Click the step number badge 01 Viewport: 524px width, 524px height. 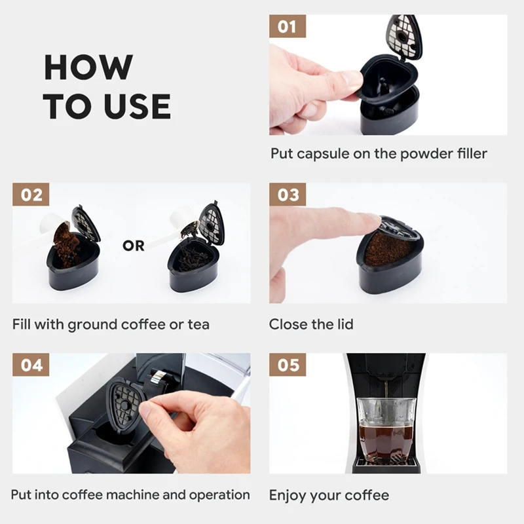pyautogui.click(x=288, y=26)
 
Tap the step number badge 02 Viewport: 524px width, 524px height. pyautogui.click(x=31, y=194)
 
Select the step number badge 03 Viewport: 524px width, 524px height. pyautogui.click(x=288, y=194)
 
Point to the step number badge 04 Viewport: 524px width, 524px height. pyautogui.click(x=31, y=365)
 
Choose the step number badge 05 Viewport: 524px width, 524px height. pyautogui.click(x=288, y=365)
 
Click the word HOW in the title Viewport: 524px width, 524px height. pyautogui.click(x=88, y=67)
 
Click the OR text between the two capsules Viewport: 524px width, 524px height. pyautogui.click(x=134, y=246)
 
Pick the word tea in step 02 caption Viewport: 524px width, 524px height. pyautogui.click(x=198, y=324)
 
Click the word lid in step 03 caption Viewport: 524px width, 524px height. pyautogui.click(x=345, y=324)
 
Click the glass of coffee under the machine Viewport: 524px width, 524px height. pyautogui.click(x=386, y=430)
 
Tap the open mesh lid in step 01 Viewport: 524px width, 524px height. pyautogui.click(x=403, y=37)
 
